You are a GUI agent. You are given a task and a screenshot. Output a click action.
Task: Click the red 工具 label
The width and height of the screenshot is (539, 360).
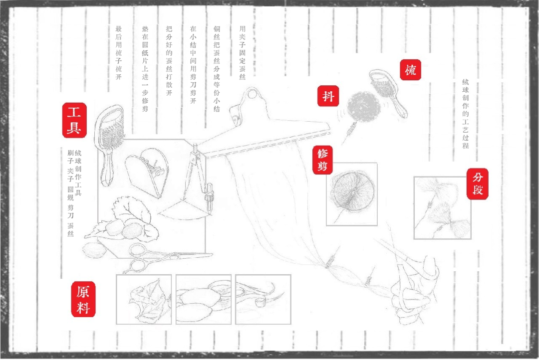point(74,120)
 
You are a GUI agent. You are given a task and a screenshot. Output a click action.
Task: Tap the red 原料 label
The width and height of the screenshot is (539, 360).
point(83,299)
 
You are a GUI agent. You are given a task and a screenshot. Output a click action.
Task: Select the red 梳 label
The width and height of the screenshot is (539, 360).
point(410,70)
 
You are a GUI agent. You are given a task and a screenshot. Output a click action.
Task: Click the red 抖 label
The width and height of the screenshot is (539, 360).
point(328,96)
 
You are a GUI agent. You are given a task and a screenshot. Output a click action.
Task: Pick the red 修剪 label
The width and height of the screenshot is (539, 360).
point(322,160)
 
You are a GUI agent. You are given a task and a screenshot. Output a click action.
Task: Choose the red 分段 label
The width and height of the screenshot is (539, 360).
point(478,184)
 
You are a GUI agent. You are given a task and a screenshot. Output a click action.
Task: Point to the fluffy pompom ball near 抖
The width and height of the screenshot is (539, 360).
point(364,107)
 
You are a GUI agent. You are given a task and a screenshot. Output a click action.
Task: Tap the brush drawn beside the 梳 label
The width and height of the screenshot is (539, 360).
point(388,92)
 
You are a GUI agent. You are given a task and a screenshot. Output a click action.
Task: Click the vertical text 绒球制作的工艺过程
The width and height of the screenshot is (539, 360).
point(466,114)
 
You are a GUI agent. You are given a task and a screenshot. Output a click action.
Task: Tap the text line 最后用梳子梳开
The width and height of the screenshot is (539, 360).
point(119,52)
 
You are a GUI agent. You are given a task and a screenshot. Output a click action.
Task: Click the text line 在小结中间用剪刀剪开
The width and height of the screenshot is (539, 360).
point(193,65)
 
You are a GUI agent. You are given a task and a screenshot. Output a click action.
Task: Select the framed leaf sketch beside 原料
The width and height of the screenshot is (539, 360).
point(144,299)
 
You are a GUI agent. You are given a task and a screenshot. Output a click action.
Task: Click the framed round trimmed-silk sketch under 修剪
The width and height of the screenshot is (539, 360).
point(352,194)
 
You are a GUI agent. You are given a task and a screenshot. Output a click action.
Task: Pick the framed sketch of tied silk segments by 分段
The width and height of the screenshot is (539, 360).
point(442,208)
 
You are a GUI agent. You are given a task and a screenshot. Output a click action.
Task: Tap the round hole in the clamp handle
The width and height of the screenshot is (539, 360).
point(253,93)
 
